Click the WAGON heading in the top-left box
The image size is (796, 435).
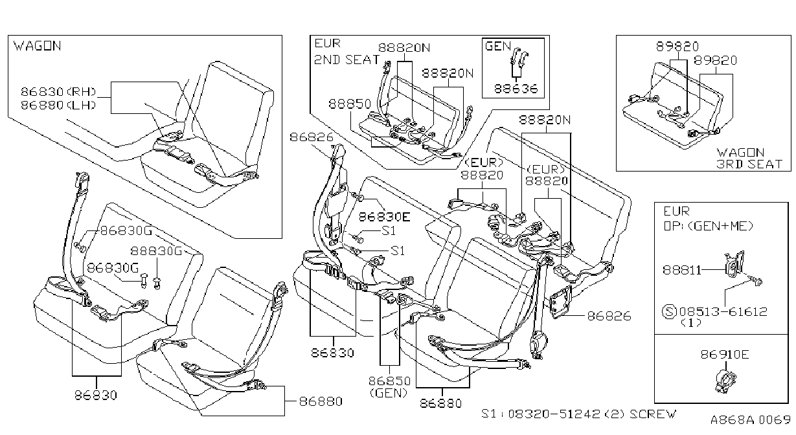coord(37,46)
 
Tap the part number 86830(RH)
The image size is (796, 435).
coord(58,92)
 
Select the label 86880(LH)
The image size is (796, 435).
coord(58,105)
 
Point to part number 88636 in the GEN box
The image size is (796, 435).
coord(516,89)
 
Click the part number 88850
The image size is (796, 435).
coord(350,104)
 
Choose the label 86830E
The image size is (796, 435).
coord(384,217)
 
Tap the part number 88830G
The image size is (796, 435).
coord(156,251)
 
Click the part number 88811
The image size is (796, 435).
coord(682,270)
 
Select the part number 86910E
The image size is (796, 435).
coord(725,354)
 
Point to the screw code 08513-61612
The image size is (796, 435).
coord(723,312)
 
